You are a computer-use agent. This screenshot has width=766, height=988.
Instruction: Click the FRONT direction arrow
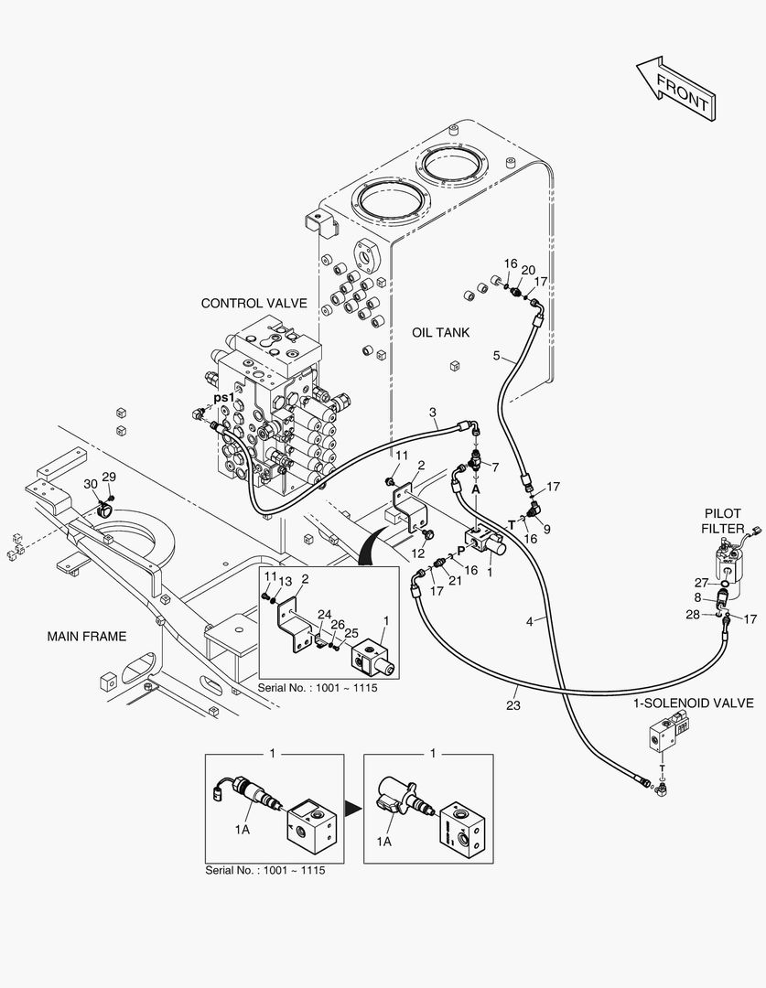[x=675, y=89]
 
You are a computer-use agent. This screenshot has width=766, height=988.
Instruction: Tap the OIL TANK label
[x=441, y=332]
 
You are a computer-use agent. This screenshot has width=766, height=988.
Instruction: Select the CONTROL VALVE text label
[x=254, y=303]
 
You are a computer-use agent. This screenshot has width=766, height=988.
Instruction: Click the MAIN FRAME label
[x=87, y=637]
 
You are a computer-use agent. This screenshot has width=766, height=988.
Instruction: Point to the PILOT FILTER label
[x=722, y=521]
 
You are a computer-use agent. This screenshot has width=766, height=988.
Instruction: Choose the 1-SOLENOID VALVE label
[x=694, y=703]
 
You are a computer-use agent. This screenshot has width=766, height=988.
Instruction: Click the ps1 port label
[x=224, y=398]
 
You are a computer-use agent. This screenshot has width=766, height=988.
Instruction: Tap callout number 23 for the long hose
[x=513, y=705]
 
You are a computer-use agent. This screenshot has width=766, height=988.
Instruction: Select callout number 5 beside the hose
[x=497, y=356]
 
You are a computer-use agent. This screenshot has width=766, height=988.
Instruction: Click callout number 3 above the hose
[x=433, y=413]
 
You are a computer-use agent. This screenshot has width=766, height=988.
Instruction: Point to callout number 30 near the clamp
[x=91, y=483]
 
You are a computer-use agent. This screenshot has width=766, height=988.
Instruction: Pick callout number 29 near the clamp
[x=109, y=477]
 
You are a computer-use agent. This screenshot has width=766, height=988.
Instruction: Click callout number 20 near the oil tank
[x=528, y=270]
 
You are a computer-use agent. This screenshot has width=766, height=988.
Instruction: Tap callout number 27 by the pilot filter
[x=702, y=583]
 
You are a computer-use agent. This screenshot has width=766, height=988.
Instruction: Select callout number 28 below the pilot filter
[x=693, y=614]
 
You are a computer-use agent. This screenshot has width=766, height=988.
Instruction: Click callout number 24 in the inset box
[x=324, y=615]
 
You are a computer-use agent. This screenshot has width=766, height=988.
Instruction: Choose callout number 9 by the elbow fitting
[x=546, y=530]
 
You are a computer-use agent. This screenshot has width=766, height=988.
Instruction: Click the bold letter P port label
[x=461, y=551]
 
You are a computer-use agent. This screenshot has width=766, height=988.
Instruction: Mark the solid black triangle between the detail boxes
[x=353, y=809]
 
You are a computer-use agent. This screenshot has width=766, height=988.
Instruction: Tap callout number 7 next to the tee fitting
[x=495, y=467]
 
